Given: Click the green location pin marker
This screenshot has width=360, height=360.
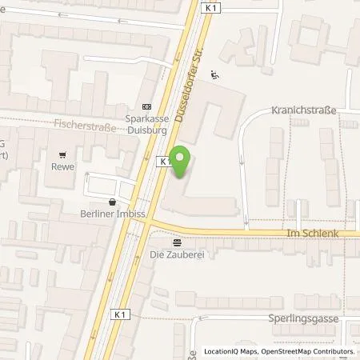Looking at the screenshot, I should click(x=182, y=162).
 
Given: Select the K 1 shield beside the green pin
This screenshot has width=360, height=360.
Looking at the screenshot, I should click(x=164, y=161).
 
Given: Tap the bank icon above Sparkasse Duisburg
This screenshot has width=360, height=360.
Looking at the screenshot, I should click(x=146, y=106).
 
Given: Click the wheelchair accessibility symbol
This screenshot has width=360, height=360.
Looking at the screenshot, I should click(x=214, y=77).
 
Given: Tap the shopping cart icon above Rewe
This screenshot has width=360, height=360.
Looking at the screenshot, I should click(x=61, y=154).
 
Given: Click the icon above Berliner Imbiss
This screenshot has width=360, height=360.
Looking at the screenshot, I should click(x=110, y=202).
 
